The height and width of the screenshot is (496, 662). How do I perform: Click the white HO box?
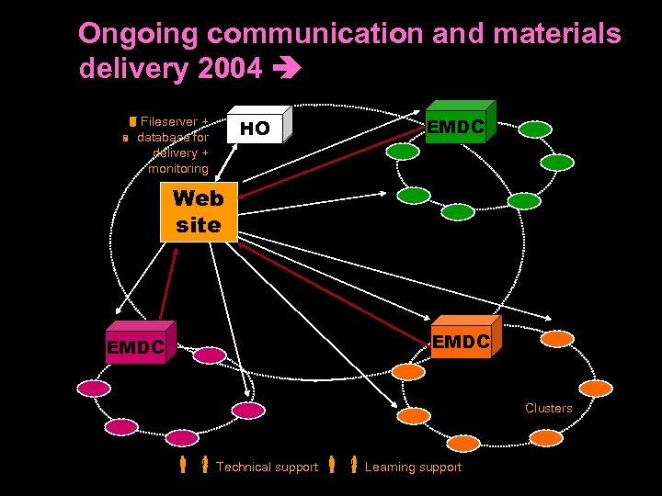[257, 129]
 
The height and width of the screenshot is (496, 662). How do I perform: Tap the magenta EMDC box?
[135, 346]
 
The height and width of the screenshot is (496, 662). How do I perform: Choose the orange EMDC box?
[462, 342]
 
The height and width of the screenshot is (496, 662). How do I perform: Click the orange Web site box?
[198, 212]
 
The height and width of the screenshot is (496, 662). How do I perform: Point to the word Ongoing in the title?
[138, 34]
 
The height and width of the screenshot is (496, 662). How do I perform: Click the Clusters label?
[548, 408]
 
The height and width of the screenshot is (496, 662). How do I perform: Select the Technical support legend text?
[267, 468]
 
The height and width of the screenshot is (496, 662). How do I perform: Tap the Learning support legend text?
[413, 468]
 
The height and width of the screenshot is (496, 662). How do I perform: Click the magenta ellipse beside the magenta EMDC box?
[209, 355]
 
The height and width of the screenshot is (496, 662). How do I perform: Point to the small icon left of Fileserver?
[132, 122]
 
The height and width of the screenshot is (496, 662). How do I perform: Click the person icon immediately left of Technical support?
[205, 465]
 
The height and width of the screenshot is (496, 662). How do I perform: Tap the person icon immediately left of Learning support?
[353, 465]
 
